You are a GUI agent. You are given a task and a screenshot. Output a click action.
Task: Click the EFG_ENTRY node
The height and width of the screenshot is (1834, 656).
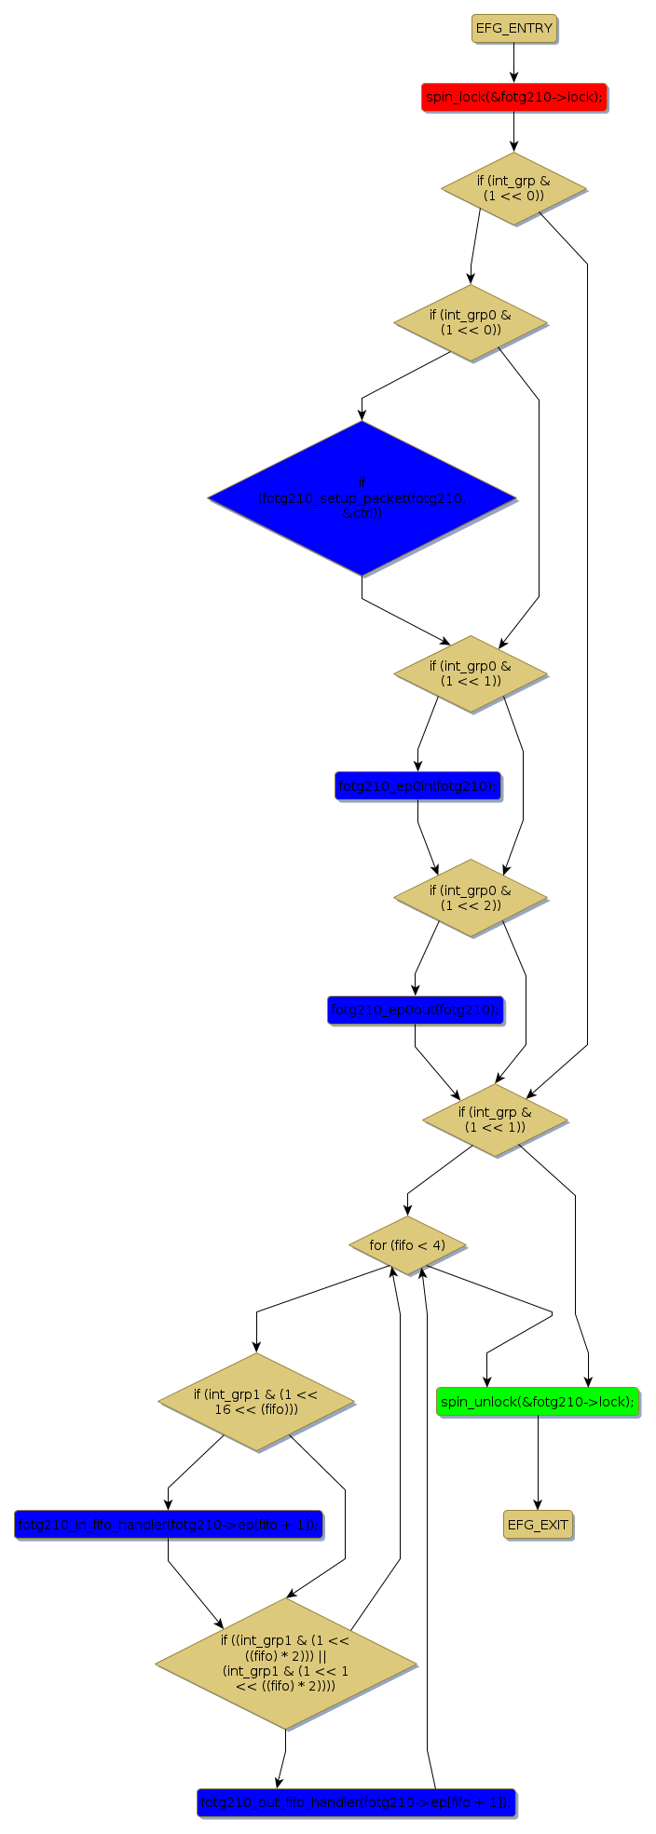513,28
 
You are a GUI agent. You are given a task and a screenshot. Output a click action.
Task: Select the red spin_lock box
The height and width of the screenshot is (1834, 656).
513,97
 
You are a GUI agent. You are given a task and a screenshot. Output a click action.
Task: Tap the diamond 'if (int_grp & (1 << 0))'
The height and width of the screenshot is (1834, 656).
513,188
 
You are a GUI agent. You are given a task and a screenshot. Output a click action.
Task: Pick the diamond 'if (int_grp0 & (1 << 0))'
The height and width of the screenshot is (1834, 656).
470,322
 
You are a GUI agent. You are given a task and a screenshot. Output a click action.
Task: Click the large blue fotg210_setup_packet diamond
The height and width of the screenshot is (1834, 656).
362,498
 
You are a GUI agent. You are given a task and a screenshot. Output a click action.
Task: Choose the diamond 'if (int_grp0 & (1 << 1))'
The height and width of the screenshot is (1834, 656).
470,673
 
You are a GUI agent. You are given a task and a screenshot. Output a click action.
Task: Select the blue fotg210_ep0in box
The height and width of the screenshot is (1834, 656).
417,785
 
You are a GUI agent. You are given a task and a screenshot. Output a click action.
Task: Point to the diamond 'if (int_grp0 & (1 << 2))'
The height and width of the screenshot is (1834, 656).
470,897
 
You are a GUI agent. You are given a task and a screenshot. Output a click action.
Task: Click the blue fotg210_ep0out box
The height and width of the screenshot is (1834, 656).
416,1010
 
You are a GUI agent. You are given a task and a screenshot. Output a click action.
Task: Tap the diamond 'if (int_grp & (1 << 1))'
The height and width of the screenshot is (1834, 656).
495,1120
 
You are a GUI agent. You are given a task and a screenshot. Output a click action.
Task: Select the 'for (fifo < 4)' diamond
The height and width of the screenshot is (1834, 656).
407,1245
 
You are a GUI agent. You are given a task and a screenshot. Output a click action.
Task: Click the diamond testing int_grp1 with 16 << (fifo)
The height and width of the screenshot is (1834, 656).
256,1401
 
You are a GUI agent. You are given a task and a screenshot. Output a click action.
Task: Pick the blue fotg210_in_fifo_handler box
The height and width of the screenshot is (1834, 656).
169,1525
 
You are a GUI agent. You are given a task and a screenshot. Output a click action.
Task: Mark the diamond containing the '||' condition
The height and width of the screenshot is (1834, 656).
285,1664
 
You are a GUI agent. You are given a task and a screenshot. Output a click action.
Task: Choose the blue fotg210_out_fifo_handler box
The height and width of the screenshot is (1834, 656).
356,1802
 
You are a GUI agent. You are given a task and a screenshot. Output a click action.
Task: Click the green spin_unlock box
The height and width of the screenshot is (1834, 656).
538,1401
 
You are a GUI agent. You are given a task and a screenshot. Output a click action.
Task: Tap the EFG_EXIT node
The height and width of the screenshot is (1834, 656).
538,1525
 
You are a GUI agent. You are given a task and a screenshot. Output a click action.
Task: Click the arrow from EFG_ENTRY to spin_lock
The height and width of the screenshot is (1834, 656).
513,62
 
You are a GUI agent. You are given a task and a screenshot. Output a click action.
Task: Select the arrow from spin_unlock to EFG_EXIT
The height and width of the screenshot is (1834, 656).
538,1462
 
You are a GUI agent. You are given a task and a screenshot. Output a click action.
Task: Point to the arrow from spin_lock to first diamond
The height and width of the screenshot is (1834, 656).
513,131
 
